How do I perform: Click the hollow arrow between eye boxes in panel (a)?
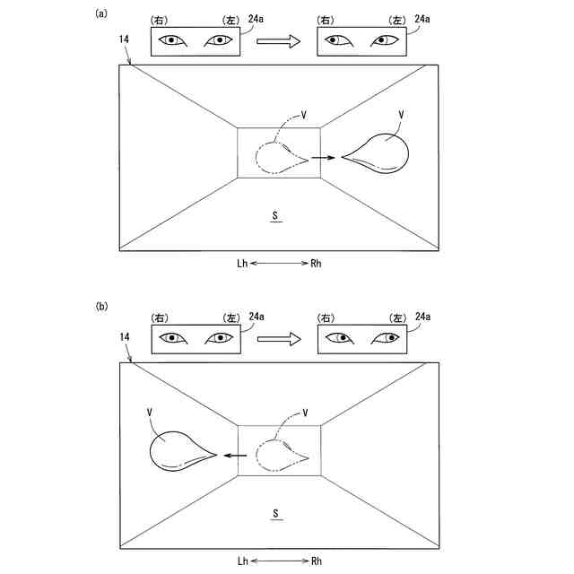tap(278, 40)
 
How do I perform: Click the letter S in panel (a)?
tap(278, 215)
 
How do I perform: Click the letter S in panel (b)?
tap(278, 512)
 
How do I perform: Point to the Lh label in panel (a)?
tap(242, 265)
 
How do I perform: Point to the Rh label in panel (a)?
tap(317, 265)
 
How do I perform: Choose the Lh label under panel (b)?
tap(242, 561)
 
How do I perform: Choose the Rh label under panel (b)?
tap(317, 561)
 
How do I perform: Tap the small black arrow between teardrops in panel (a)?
tap(321, 158)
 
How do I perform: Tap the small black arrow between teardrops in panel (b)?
tap(236, 455)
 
